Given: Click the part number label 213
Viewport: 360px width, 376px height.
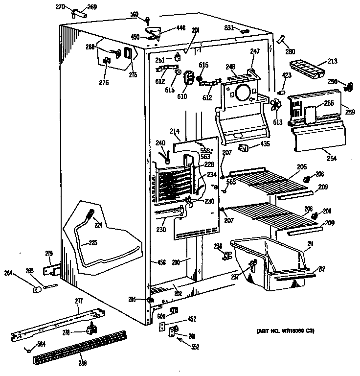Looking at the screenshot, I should pyautogui.click(x=332, y=62).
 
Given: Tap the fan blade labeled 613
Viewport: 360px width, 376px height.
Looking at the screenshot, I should pyautogui.click(x=277, y=105).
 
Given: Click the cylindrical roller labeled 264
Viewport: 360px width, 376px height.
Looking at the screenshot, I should pyautogui.click(x=36, y=290).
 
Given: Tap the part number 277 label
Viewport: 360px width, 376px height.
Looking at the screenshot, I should pyautogui.click(x=79, y=300).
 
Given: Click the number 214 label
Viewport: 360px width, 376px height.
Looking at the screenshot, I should pyautogui.click(x=175, y=131).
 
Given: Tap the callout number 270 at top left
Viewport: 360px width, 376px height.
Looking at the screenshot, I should pyautogui.click(x=74, y=7).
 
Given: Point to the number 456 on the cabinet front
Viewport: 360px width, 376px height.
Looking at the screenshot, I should pyautogui.click(x=158, y=262).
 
